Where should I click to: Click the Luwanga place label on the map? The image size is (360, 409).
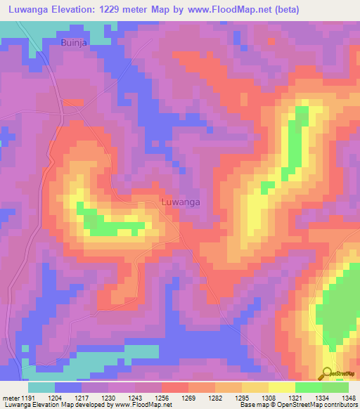click(181, 202)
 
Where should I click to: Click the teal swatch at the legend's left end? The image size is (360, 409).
click(41, 387)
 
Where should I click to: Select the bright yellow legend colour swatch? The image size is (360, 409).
click(281, 387)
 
